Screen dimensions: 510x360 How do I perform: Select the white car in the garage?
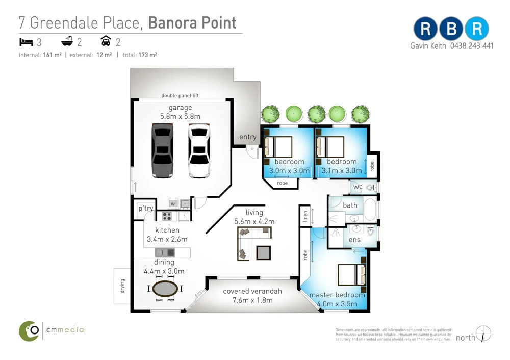pyautogui.click(x=198, y=151)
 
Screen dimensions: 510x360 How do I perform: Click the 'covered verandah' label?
pyautogui.click(x=252, y=291)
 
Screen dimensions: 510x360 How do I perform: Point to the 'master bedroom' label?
pyautogui.click(x=337, y=295)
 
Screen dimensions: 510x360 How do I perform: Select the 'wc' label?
pyautogui.click(x=358, y=187)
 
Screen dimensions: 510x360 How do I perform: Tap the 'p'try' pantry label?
pyautogui.click(x=146, y=209)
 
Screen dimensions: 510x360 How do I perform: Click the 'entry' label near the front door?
pyautogui.click(x=248, y=137)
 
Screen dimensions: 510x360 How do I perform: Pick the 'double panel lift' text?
pyautogui.click(x=180, y=95)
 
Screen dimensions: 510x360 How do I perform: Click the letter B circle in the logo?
pyautogui.click(x=451, y=29)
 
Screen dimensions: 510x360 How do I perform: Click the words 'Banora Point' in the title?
pyautogui.click(x=192, y=23)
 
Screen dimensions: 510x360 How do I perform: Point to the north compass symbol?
pyautogui.click(x=482, y=334)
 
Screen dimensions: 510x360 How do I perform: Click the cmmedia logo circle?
pyautogui.click(x=29, y=330)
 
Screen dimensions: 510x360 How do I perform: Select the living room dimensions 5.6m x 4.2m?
pyautogui.click(x=254, y=221)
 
